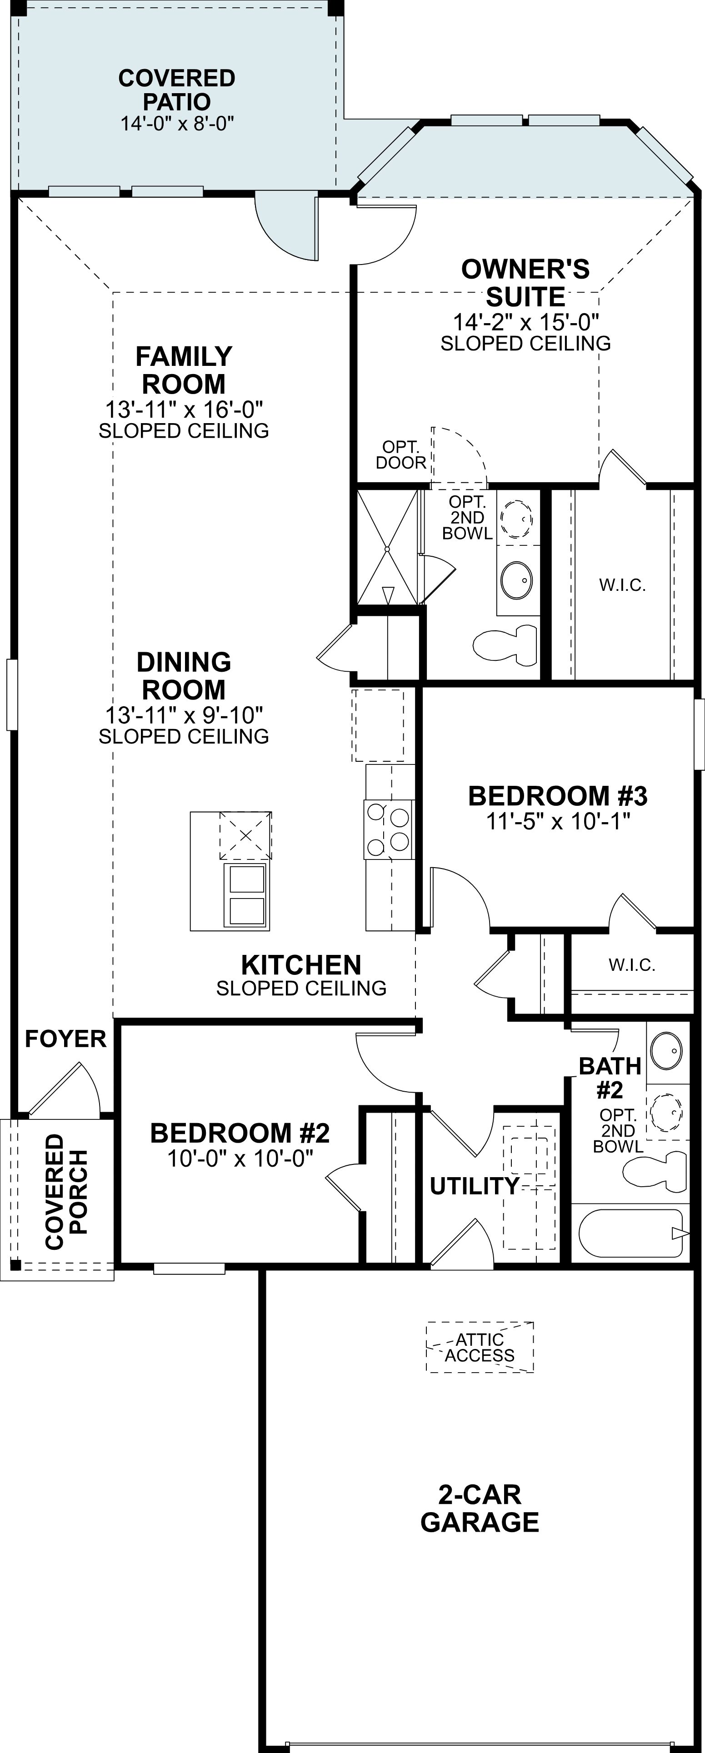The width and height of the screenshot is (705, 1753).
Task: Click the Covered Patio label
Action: point(177,90)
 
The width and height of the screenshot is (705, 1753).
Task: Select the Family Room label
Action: point(184,370)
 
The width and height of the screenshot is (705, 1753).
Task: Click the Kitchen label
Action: point(301,965)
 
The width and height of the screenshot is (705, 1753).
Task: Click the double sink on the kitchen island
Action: point(246,895)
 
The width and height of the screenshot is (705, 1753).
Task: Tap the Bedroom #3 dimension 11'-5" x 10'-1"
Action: point(558,821)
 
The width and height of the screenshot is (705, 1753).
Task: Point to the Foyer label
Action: point(65,1039)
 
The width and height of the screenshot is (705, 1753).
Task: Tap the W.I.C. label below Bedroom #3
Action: point(631,964)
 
